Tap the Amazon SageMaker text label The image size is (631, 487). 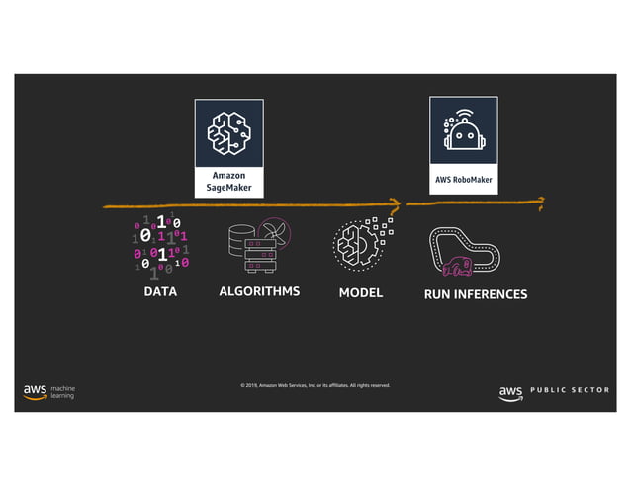[228, 181]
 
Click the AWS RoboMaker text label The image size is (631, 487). [463, 181]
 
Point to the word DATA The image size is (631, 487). [160, 293]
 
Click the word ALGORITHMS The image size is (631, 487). [258, 293]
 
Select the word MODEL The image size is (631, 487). [360, 293]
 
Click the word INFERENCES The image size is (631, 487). [491, 294]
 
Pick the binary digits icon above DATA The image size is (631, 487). [160, 246]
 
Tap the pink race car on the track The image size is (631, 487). [457, 265]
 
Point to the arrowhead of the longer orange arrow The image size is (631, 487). [397, 204]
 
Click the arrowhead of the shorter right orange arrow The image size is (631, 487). [540, 202]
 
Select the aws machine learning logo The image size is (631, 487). [49, 392]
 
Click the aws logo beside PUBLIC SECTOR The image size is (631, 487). [510, 392]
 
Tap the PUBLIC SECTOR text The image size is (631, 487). [570, 391]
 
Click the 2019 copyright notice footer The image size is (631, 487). [315, 385]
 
